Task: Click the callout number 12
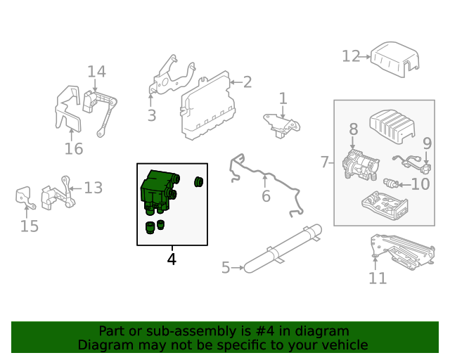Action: click(351, 56)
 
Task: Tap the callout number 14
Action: click(96, 72)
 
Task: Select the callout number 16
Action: click(74, 148)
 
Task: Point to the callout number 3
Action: click(151, 115)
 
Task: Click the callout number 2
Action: click(247, 82)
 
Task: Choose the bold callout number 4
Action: click(172, 259)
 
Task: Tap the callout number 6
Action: click(266, 196)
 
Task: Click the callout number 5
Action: click(226, 267)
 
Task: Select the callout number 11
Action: click(378, 278)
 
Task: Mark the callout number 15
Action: click(29, 226)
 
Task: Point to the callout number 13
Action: click(94, 188)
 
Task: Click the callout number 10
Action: click(420, 184)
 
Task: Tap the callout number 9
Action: click(426, 143)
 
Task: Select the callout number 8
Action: click(353, 129)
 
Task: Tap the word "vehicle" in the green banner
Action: click(344, 345)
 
